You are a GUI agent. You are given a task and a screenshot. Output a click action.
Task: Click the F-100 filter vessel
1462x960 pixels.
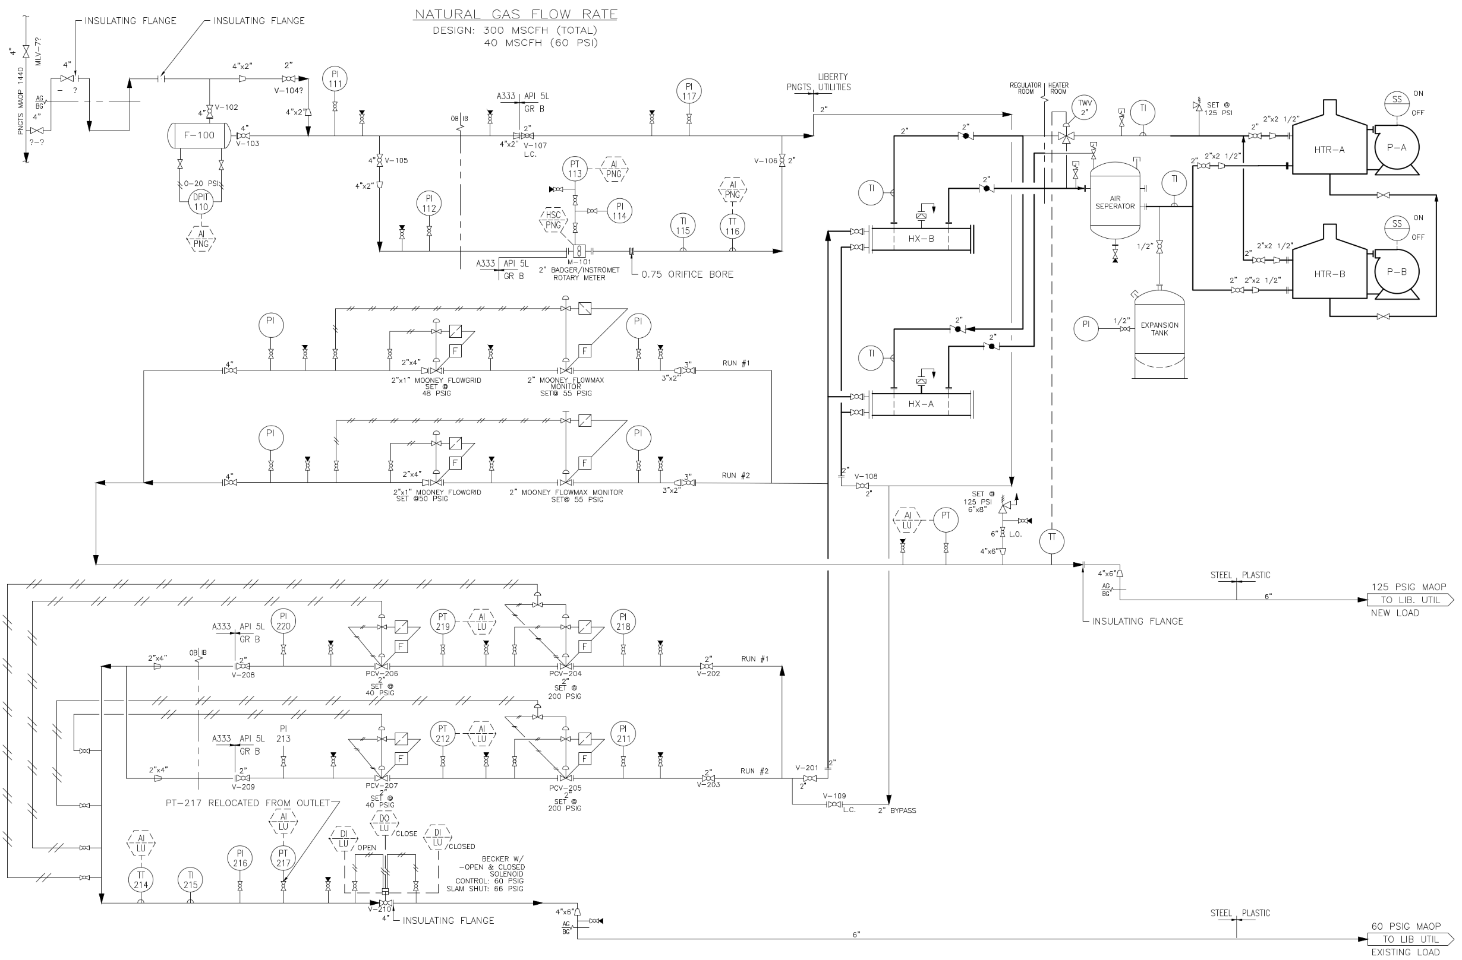coord(200,135)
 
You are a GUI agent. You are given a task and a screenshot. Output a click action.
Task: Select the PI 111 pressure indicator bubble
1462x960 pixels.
coord(335,79)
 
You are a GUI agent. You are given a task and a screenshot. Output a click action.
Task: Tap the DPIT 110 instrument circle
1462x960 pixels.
coord(201,202)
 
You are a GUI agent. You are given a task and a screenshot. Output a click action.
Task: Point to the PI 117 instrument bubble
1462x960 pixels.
coord(689,91)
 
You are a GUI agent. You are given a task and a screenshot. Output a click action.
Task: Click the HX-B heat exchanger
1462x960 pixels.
coord(921,238)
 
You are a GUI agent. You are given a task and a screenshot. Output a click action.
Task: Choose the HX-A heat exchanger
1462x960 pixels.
coord(921,404)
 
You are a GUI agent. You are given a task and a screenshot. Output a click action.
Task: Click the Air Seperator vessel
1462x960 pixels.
coord(1115,201)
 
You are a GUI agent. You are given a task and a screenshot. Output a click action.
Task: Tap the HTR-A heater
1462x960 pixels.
coord(1330,144)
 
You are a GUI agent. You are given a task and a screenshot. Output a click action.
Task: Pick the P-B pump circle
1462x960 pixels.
coord(1396,272)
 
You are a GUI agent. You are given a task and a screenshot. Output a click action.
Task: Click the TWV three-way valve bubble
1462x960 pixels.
coord(1085,108)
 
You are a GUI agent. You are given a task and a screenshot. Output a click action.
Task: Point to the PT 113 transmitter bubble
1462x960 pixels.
coord(575,169)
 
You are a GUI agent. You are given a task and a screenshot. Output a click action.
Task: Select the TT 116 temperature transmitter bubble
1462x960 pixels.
coord(732,227)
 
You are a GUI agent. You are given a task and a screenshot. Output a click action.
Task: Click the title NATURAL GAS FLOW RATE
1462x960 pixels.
coord(516,14)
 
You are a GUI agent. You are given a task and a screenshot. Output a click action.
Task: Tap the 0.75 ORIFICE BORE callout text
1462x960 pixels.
coord(688,274)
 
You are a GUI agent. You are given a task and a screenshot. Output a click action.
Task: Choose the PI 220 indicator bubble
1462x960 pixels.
coord(283,621)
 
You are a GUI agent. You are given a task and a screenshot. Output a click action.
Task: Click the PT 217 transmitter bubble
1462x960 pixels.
coord(283,858)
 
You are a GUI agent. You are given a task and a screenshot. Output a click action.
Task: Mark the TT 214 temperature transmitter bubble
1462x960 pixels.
coord(141,880)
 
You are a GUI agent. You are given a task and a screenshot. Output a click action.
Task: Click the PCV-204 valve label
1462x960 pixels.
coord(565,673)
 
